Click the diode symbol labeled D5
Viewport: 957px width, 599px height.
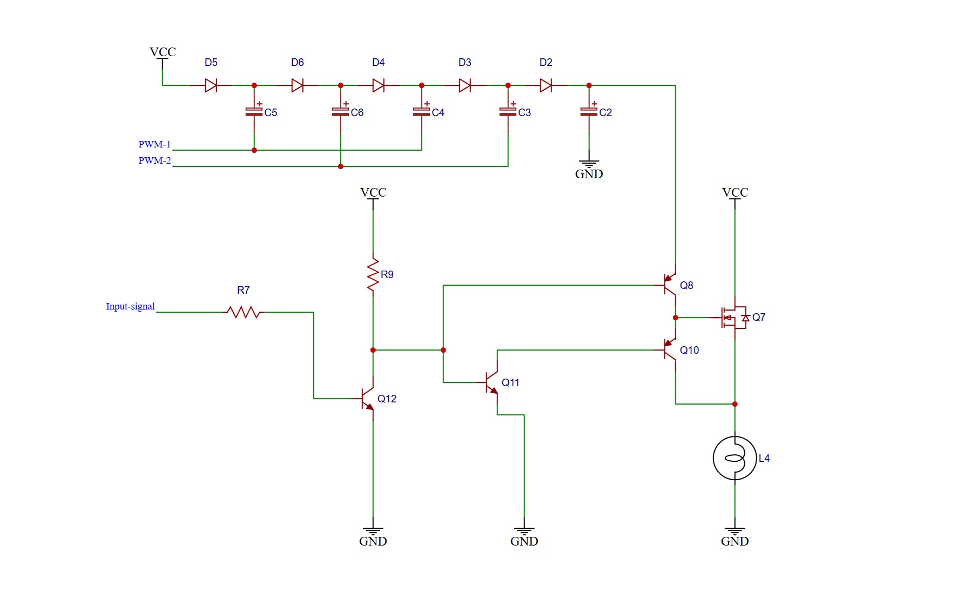click(211, 85)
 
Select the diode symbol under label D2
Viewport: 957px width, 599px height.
click(546, 85)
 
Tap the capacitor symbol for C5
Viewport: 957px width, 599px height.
click(254, 112)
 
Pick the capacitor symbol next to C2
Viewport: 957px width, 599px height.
click(589, 112)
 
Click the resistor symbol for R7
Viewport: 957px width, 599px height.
click(244, 312)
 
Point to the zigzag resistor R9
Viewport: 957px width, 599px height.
click(373, 275)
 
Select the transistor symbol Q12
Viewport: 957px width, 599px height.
click(368, 399)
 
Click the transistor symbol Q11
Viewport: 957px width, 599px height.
click(492, 382)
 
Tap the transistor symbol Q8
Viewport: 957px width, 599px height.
click(670, 285)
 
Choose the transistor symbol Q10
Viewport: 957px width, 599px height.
click(670, 350)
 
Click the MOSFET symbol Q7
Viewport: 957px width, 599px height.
click(733, 318)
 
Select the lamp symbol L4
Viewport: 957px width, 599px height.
click(734, 458)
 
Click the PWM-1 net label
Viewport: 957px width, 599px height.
click(154, 144)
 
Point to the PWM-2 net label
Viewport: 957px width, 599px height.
click(154, 160)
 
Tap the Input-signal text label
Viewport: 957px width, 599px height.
click(130, 306)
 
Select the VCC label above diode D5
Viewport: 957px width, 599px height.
click(163, 52)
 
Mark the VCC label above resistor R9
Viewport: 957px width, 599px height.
click(373, 192)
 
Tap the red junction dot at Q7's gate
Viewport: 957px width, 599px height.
click(675, 318)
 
